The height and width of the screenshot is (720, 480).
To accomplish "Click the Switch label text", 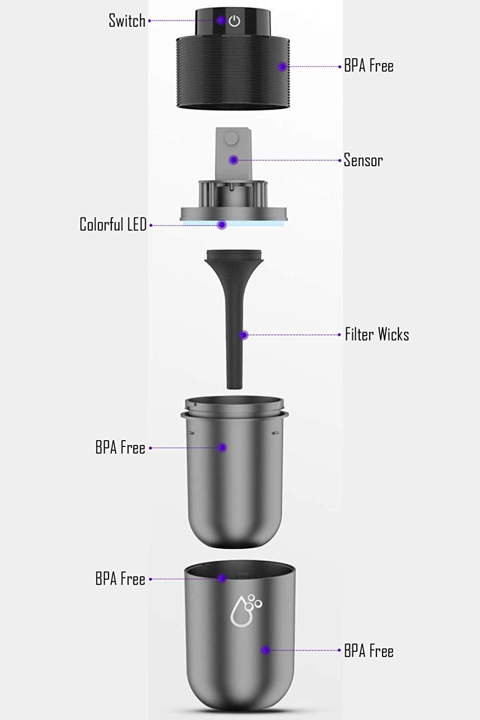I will tap(127, 21).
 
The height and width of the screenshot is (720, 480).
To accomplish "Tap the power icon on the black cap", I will tap(234, 21).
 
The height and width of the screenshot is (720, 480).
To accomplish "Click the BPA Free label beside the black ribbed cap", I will tap(369, 66).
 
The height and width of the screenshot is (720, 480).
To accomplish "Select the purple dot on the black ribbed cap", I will tap(282, 67).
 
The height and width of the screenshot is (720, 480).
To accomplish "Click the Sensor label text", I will tap(363, 160).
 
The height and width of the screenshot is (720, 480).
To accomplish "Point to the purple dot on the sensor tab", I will tap(233, 159).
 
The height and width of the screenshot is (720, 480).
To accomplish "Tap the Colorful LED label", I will tap(113, 224).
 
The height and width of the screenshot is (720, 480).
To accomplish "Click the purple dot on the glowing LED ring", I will tap(221, 225).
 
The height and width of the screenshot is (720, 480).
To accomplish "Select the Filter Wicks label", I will tap(377, 335).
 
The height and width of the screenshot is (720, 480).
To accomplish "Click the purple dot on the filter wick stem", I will tap(244, 335).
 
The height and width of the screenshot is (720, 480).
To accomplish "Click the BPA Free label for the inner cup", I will tap(120, 448).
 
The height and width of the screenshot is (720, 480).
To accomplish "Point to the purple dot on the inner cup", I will tap(222, 447).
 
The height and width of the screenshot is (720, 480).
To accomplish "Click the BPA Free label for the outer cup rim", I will tap(120, 579).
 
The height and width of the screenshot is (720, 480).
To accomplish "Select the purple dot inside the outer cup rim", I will tap(221, 578).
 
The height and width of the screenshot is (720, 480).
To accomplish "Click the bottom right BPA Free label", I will tap(369, 651).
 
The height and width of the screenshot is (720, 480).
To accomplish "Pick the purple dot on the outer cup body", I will tap(265, 650).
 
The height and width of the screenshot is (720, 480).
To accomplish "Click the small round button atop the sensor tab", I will tap(231, 138).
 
